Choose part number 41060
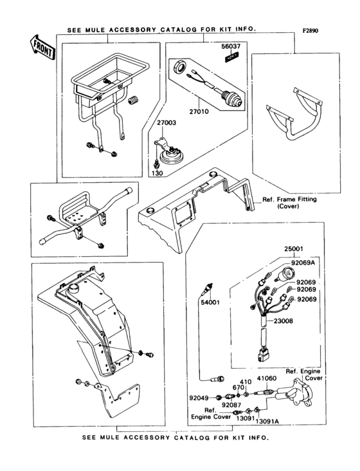click(x=267, y=381)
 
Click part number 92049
click(x=199, y=398)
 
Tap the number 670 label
click(x=238, y=388)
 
